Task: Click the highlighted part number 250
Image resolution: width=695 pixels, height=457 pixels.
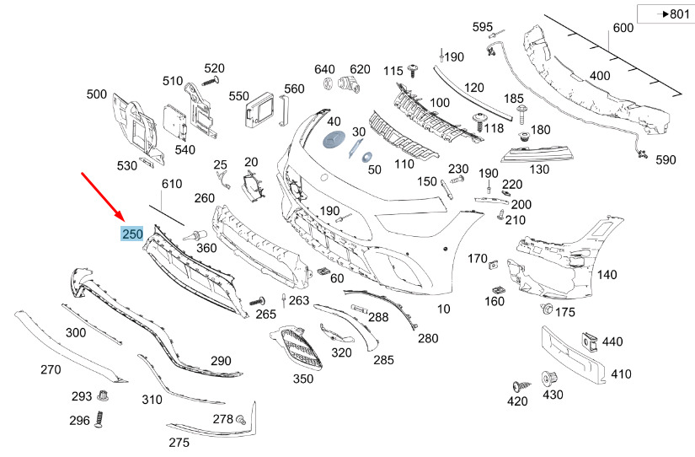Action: click(x=132, y=234)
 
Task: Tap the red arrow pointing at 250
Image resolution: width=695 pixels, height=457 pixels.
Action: click(x=102, y=195)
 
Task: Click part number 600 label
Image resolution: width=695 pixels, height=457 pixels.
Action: click(x=623, y=28)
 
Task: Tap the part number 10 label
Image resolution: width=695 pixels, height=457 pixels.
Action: click(x=443, y=309)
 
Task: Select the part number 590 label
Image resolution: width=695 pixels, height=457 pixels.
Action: click(x=666, y=159)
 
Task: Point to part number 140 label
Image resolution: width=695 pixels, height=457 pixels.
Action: click(x=607, y=275)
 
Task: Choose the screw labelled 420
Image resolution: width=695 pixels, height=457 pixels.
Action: click(x=518, y=384)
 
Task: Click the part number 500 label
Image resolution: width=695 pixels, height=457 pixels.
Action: click(x=96, y=94)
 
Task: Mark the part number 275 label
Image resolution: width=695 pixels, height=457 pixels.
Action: click(x=179, y=443)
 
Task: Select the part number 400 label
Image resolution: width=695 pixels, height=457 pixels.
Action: click(x=599, y=76)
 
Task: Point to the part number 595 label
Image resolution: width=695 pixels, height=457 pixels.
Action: click(x=482, y=28)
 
